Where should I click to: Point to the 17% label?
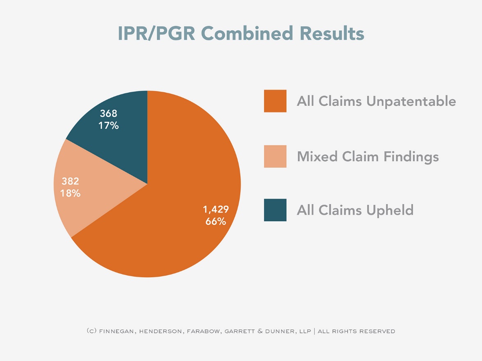click(109, 126)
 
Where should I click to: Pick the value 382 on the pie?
click(71, 181)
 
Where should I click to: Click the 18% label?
click(71, 193)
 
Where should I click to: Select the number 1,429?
click(216, 209)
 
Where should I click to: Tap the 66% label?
click(216, 222)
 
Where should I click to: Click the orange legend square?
click(275, 101)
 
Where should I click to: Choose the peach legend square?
click(275, 156)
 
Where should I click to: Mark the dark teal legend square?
click(275, 210)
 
